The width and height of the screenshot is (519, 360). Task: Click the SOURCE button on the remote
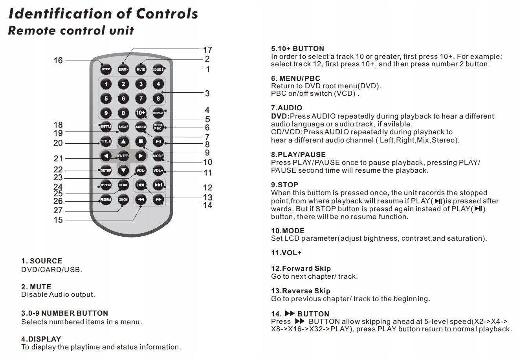click(158, 69)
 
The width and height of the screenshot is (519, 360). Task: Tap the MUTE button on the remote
click(141, 69)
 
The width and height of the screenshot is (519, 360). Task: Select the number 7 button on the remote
click(141, 99)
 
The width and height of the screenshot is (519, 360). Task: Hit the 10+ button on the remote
click(141, 113)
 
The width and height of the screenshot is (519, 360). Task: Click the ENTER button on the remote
click(123, 156)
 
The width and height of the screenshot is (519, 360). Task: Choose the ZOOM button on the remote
click(123, 199)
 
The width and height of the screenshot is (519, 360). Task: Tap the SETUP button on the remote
click(106, 170)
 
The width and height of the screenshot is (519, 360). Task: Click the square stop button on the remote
click(141, 141)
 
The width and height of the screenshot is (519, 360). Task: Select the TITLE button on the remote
click(106, 141)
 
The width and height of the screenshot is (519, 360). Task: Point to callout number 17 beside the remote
click(207, 50)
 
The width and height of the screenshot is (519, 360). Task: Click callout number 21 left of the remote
click(58, 159)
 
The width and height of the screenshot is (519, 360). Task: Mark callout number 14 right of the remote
click(207, 205)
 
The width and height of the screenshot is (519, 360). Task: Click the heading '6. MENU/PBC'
click(295, 79)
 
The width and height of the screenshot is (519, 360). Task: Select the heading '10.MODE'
click(288, 230)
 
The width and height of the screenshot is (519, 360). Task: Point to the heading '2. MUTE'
click(36, 287)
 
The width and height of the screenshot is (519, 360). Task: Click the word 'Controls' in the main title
click(167, 14)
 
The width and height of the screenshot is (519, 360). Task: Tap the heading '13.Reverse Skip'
click(301, 291)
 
